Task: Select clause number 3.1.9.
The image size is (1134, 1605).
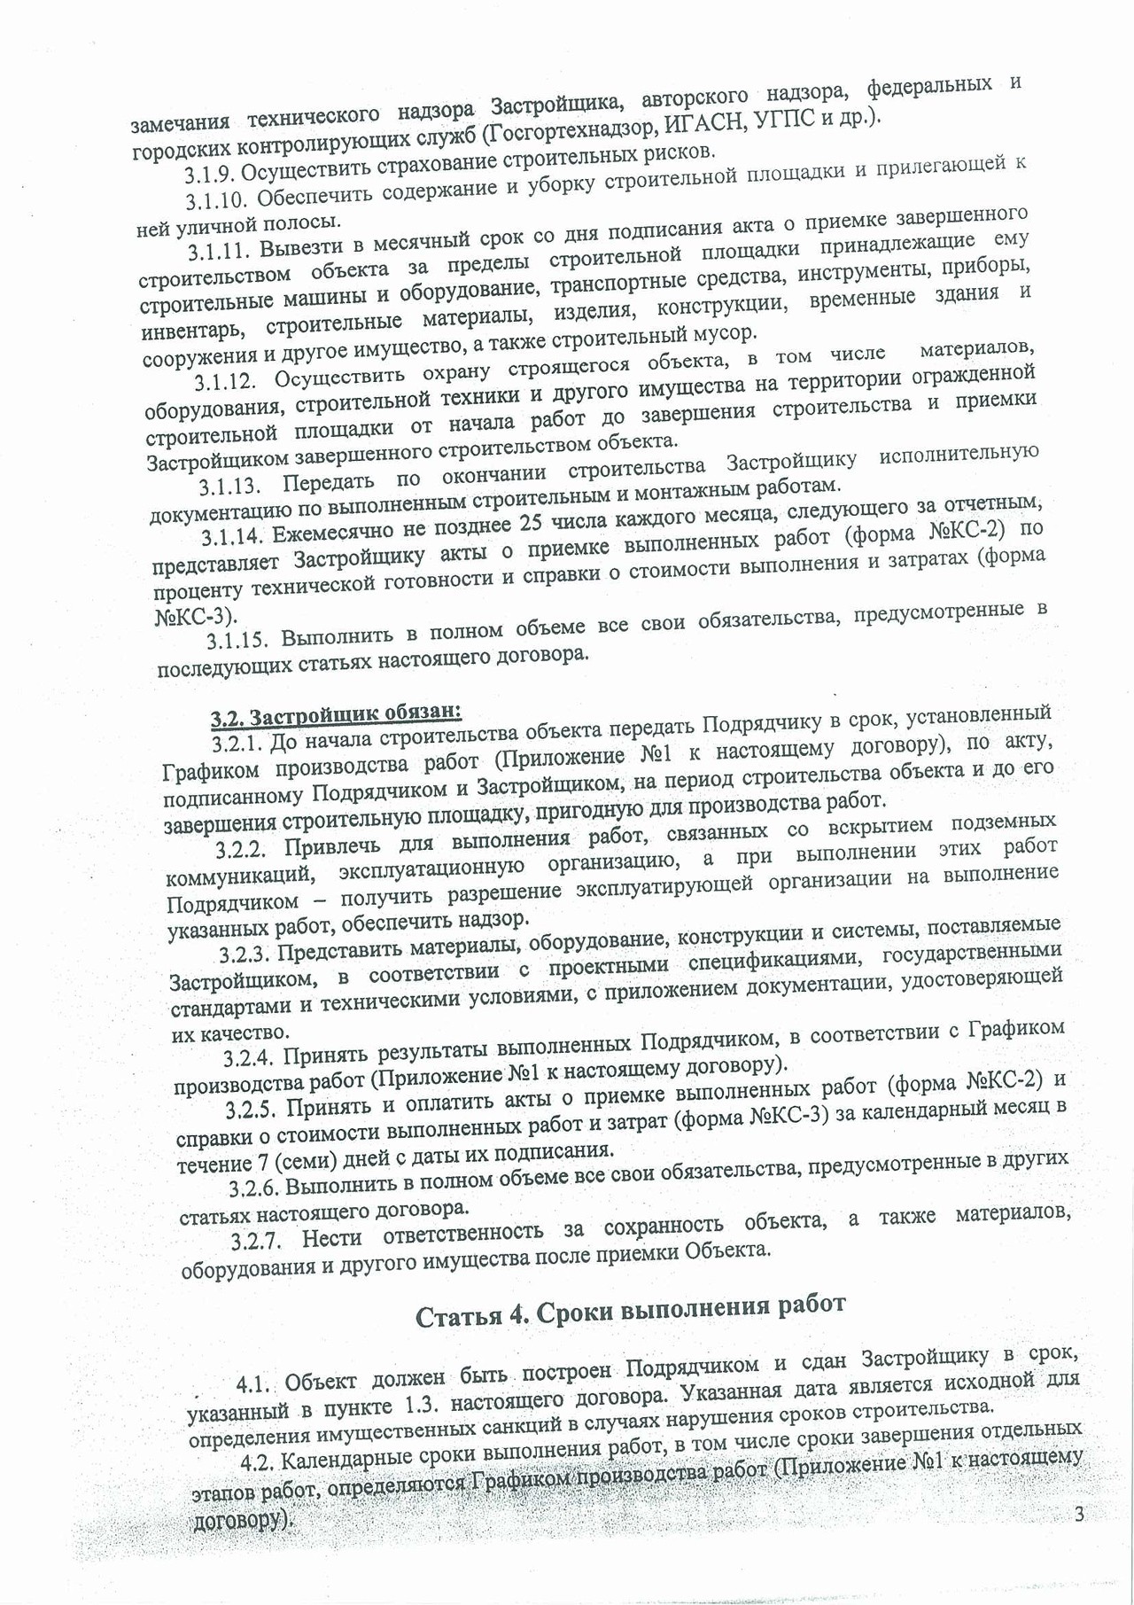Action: click(210, 173)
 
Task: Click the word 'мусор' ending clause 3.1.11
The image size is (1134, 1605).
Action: click(730, 333)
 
